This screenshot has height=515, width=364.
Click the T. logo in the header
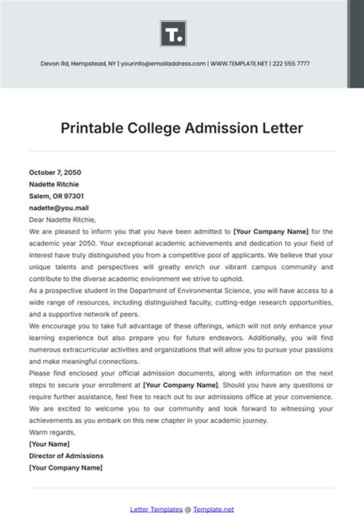coord(173,34)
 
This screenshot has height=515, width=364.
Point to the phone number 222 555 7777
coord(292,64)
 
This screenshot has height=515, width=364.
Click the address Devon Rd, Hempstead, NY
coord(78,64)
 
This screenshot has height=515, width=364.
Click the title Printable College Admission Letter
coord(181,128)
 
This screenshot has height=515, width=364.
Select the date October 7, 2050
coord(55,172)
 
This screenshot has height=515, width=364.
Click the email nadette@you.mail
coord(59,208)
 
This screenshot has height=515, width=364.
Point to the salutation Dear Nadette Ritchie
coord(62,220)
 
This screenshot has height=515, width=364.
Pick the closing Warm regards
coord(52,432)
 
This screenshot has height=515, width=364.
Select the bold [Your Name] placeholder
coord(50,444)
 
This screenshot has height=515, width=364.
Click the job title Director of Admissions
coord(66,456)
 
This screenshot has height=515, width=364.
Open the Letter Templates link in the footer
coord(156,509)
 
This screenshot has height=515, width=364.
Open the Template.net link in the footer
coord(213,509)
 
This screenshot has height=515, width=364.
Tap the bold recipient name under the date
coord(54,184)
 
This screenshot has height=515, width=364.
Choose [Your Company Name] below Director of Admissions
coord(66,467)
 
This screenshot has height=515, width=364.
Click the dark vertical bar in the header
coord(355,43)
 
